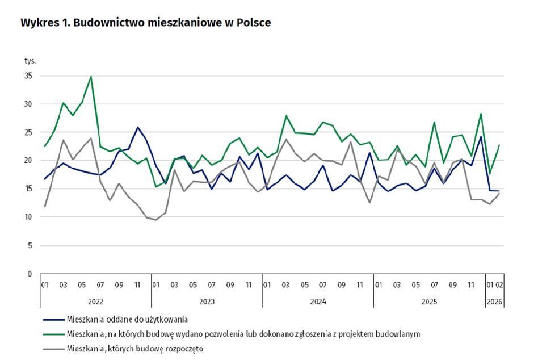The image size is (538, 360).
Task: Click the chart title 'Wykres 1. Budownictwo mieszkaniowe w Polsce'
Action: (x=145, y=23)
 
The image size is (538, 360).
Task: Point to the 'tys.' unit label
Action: (x=30, y=61)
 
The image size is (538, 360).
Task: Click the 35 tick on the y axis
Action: (x=28, y=76)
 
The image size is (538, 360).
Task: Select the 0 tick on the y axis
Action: (x=30, y=274)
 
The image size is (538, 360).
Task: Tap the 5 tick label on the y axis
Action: (x=30, y=246)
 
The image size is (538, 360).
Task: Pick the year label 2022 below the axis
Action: (x=95, y=302)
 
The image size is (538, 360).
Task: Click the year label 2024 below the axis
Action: (x=318, y=302)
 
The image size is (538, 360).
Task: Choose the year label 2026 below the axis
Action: (x=494, y=302)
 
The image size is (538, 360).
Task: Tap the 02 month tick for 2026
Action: (x=499, y=285)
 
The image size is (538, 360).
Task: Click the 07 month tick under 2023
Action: (x=211, y=285)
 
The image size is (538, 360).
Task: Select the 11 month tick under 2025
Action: (x=471, y=285)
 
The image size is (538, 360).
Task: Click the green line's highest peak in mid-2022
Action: (x=91, y=76)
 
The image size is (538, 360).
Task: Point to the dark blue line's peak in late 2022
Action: (x=137, y=127)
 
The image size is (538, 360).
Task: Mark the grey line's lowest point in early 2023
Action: (x=156, y=220)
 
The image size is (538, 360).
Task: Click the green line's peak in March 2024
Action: (x=286, y=116)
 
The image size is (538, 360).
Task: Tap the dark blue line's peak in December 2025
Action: (x=481, y=137)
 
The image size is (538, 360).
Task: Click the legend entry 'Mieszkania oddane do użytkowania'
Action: (x=127, y=320)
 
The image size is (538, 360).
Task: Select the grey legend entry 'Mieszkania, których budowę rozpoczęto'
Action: (x=135, y=349)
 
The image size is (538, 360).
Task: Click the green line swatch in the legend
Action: (x=54, y=334)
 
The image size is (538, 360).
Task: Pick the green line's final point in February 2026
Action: (x=499, y=145)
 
